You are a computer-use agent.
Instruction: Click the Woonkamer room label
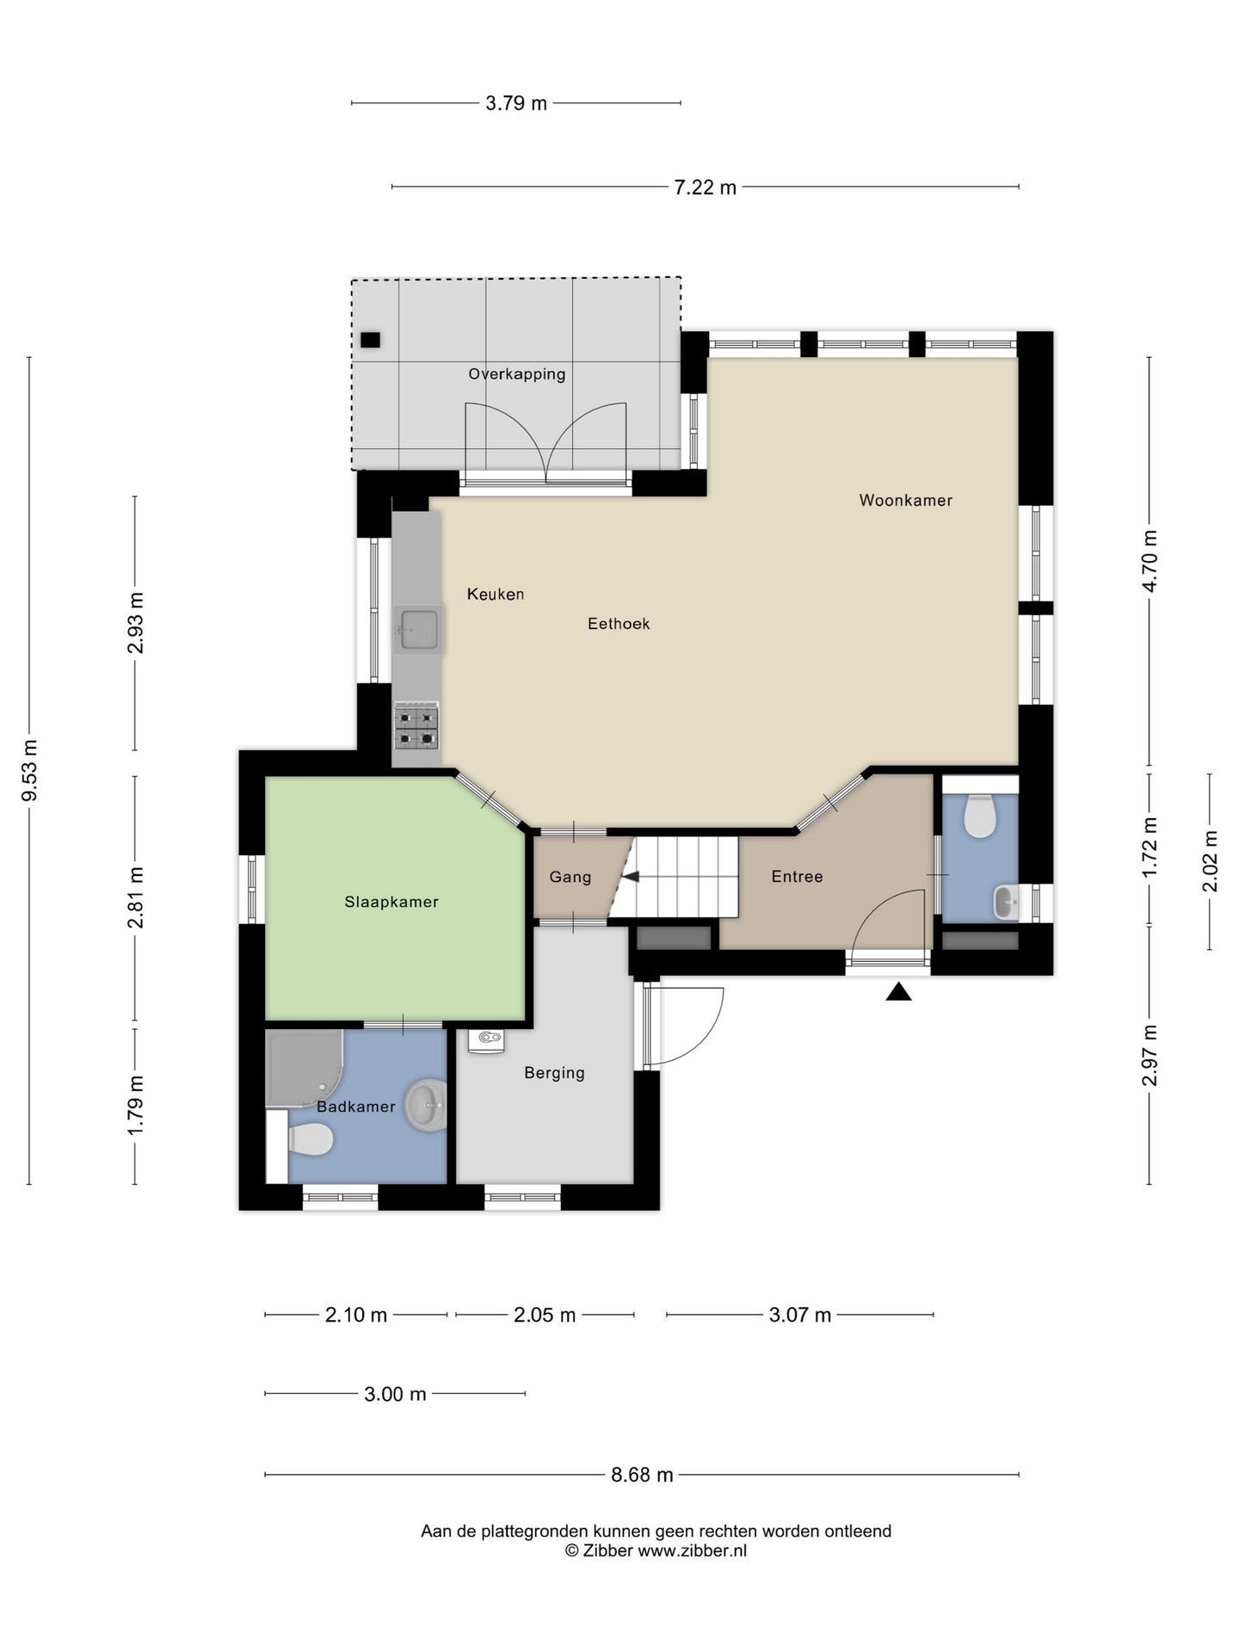[905, 500]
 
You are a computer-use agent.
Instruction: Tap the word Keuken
[496, 594]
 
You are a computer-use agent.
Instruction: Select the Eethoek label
[619, 623]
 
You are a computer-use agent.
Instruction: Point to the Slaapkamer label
[391, 902]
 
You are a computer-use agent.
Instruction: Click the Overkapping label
[517, 374]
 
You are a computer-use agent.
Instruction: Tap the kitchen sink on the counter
[418, 629]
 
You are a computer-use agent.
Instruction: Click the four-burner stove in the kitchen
[417, 726]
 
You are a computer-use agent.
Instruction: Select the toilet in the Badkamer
[310, 1141]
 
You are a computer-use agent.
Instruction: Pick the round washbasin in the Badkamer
[426, 1106]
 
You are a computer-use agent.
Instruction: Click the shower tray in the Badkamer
[303, 1068]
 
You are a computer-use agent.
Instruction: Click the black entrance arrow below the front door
[899, 992]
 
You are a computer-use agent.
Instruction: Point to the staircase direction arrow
[631, 877]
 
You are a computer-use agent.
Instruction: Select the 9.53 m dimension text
[29, 770]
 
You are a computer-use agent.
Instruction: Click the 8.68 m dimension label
[642, 1475]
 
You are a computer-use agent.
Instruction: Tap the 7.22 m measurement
[706, 187]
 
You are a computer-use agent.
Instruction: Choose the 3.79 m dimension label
[516, 103]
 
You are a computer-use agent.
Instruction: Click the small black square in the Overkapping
[370, 340]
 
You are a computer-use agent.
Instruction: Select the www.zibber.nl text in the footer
[692, 1551]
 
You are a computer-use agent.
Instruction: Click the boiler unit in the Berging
[487, 1040]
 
